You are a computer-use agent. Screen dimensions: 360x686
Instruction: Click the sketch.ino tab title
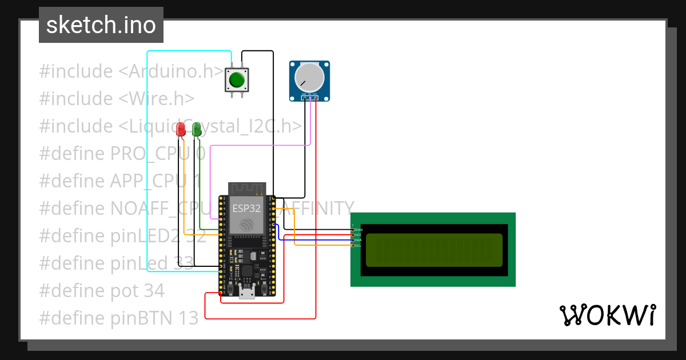(101, 25)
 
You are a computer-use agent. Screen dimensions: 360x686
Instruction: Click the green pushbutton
(237, 79)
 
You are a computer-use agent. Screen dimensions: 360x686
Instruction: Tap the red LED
(181, 129)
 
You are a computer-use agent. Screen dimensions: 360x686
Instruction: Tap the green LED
(197, 129)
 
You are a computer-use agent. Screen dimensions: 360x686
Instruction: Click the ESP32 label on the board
(246, 209)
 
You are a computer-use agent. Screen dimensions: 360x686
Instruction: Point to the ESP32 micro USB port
(247, 294)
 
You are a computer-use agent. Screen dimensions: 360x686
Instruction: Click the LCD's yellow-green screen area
(433, 250)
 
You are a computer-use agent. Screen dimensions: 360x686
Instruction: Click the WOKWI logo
(607, 315)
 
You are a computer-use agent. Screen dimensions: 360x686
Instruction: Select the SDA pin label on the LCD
(358, 240)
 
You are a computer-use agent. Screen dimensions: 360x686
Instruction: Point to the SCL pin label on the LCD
(358, 246)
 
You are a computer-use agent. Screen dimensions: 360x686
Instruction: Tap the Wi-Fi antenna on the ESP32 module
(247, 188)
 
